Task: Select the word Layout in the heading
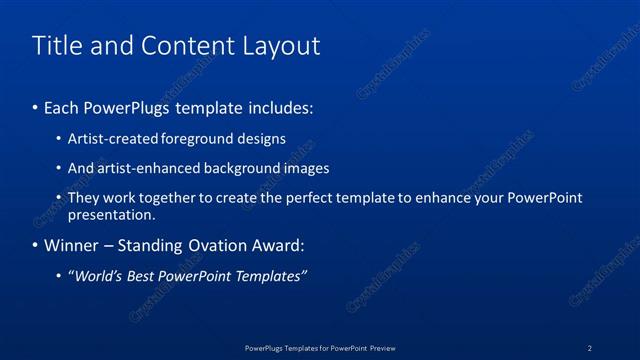point(275,46)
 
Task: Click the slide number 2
point(589,347)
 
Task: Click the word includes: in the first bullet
point(282,106)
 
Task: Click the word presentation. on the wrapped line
point(112,214)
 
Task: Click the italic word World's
point(96,276)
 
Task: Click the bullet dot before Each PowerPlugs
point(36,107)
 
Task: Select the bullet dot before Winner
point(36,246)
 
